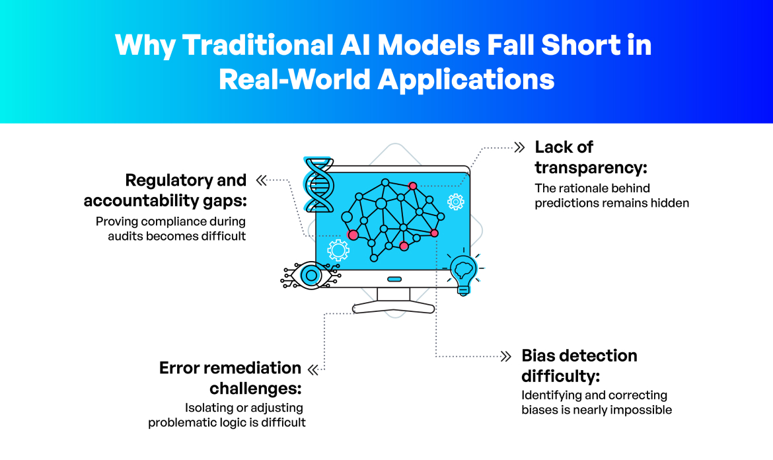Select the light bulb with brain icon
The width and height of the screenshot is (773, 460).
pos(462,272)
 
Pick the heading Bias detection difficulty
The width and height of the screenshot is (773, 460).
pos(579,365)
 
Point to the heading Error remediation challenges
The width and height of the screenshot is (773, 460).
pos(230,377)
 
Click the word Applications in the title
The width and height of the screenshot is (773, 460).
pos(466,80)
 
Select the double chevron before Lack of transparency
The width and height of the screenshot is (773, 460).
pos(520,147)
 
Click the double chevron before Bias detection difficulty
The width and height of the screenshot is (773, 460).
pos(506,356)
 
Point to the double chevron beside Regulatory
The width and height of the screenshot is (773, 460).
pos(261,180)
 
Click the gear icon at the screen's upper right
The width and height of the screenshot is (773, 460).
pos(455,202)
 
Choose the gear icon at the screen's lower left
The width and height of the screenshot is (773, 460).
pos(338,250)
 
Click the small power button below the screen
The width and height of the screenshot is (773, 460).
pos(394,279)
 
